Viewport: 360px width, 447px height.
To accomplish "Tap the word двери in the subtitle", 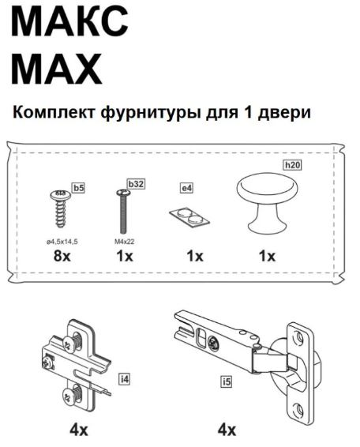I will (x=285, y=113).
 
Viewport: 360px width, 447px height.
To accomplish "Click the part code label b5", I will (x=78, y=187).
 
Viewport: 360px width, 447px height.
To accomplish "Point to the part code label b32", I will (x=136, y=184).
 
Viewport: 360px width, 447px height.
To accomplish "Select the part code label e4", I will (x=186, y=188).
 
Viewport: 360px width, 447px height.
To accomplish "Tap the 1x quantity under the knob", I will (x=267, y=257).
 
